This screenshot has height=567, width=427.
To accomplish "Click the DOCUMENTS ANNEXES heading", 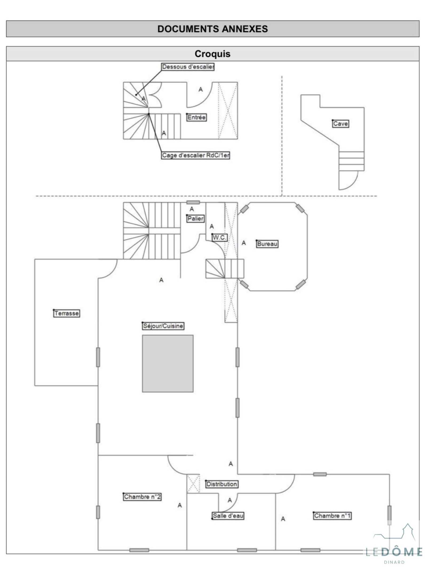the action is click(212, 29).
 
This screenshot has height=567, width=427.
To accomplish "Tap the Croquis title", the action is click(212, 54).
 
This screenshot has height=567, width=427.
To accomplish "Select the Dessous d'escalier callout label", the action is click(188, 67).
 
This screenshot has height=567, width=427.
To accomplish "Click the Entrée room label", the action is click(196, 117).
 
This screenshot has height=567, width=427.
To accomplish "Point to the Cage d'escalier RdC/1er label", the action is click(196, 155).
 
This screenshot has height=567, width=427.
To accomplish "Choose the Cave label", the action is click(341, 124).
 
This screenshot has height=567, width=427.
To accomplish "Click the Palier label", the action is click(196, 219).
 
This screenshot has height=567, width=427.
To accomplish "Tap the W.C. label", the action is click(220, 238).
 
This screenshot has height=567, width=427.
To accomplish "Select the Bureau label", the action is click(267, 244).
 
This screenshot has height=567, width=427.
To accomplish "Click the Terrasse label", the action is click(66, 313).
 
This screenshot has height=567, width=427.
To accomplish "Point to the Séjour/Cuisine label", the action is click(163, 326).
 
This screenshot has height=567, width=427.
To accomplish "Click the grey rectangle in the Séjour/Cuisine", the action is click(168, 364).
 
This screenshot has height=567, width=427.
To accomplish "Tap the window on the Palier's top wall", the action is click(193, 203).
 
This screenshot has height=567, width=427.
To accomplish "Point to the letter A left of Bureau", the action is click(244, 243).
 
